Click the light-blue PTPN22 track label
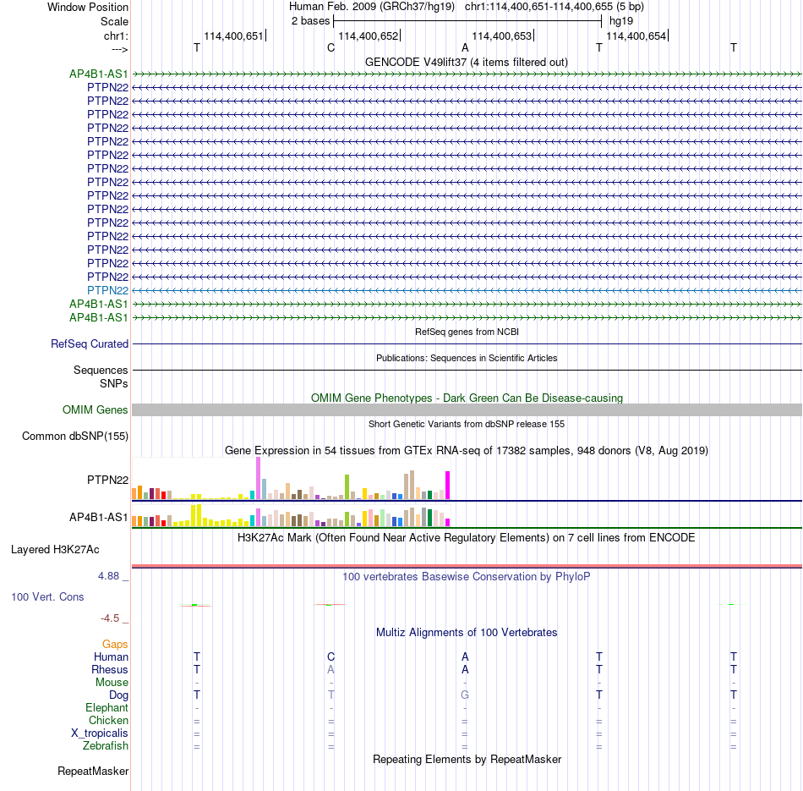[107, 291]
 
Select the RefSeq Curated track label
[90, 344]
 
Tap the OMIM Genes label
[96, 410]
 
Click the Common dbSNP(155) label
[75, 437]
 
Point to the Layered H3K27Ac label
[55, 550]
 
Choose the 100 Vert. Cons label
[47, 596]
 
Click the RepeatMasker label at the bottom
[93, 771]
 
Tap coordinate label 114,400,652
[369, 36]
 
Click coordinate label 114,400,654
[636, 36]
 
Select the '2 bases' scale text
[311, 21]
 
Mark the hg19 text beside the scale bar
[621, 21]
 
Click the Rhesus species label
[110, 669]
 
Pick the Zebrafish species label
[106, 746]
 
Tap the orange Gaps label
[115, 645]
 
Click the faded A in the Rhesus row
[330, 669]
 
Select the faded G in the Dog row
[465, 695]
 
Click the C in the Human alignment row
[330, 656]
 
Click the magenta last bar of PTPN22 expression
[448, 486]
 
